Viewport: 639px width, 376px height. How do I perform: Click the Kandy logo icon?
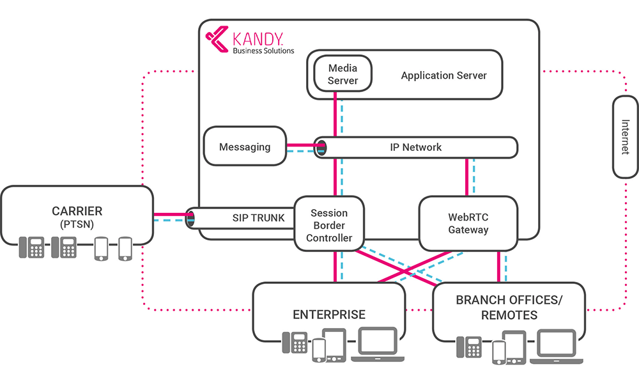(x=218, y=38)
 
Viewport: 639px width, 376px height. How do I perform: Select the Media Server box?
(x=343, y=74)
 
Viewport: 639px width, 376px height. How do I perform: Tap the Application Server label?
(x=443, y=75)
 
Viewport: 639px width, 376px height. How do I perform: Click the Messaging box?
(x=245, y=147)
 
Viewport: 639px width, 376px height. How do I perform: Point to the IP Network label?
(x=415, y=147)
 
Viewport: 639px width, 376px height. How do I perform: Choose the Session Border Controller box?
(x=329, y=225)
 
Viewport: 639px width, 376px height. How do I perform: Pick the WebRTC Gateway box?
(x=468, y=223)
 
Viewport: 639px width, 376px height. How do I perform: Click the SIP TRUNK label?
(x=258, y=218)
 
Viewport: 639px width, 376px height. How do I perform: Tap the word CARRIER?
(x=77, y=210)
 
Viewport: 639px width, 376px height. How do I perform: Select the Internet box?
(x=625, y=137)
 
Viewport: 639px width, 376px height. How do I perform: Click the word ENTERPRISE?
(x=329, y=315)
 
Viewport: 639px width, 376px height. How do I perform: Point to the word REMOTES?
(x=509, y=315)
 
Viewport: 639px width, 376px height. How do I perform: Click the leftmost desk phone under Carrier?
(x=31, y=248)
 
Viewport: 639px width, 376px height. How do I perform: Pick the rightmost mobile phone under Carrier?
(x=125, y=248)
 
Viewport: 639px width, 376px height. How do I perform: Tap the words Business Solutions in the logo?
(x=263, y=51)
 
